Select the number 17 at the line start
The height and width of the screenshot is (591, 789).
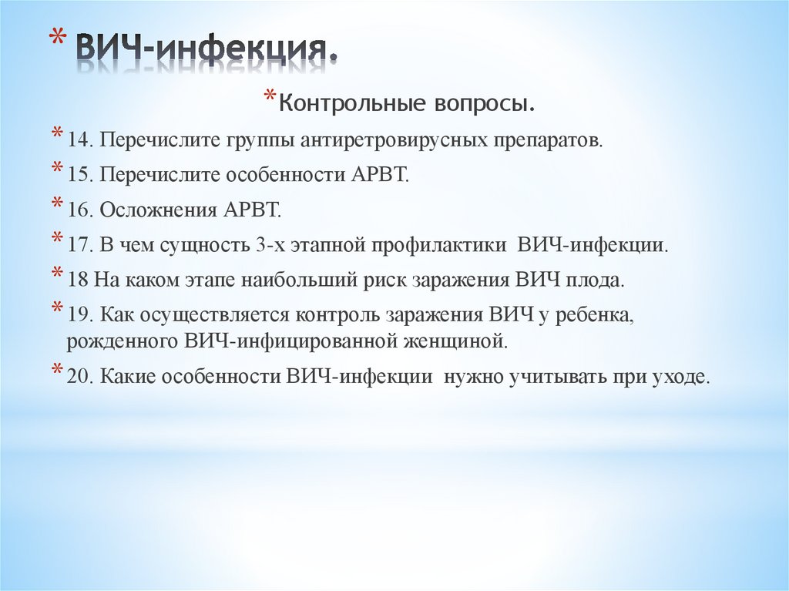79,246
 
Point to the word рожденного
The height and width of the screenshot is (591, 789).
121,340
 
